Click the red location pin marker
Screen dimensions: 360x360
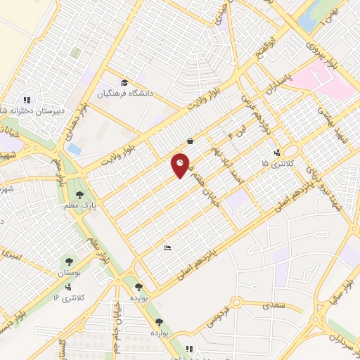point(181,165)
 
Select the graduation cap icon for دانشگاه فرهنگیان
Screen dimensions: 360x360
point(124,82)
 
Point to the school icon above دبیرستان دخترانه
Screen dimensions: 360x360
point(27,99)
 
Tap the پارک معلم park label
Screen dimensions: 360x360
point(78,205)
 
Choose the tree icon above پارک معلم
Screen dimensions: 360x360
point(78,194)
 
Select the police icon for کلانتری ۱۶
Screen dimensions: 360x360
point(68,287)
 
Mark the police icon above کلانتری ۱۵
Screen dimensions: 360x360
point(276,152)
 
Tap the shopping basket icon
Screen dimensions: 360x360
point(190,140)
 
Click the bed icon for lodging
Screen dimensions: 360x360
point(167,247)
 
